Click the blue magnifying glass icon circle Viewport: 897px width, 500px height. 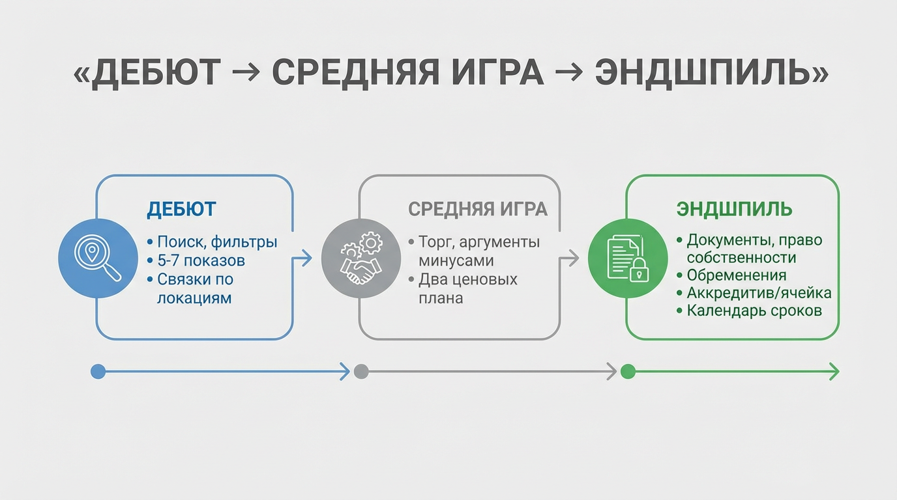coord(98,258)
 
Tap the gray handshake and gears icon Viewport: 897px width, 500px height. coord(360,258)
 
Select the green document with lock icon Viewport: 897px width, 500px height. coord(628,258)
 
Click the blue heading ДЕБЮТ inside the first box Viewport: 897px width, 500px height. coord(181,210)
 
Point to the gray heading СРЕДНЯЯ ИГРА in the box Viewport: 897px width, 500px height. coord(477,210)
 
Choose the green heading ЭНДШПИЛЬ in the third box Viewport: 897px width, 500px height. coord(735,210)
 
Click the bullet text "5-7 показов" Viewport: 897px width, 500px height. coord(201,261)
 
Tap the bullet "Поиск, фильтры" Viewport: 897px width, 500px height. coord(217,242)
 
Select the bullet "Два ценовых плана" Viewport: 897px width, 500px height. coord(468,288)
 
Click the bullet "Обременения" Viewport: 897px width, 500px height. coord(737,275)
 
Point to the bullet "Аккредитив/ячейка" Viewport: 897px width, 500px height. coord(759,293)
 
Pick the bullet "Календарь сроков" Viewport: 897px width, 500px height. coord(754,311)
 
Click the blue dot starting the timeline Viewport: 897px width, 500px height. coord(98,372)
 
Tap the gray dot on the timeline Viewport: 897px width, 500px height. coord(361,372)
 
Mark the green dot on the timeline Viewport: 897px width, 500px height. coord(628,372)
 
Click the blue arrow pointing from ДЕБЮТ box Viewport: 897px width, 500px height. coord(302,258)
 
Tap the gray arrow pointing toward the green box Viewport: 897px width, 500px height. coord(570,258)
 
